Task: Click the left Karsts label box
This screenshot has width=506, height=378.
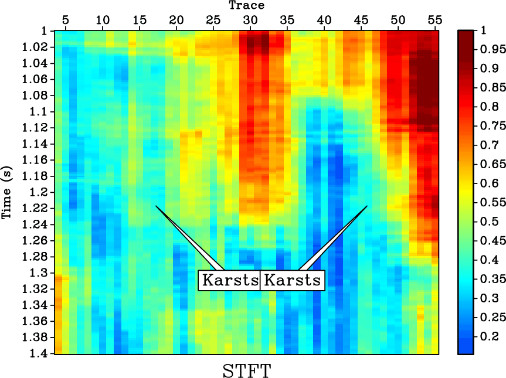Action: [229, 280]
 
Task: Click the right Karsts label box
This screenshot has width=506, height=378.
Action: [291, 280]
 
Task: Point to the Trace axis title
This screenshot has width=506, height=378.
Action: [246, 5]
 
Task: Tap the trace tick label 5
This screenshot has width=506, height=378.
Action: [65, 20]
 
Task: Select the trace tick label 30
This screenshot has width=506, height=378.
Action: [250, 20]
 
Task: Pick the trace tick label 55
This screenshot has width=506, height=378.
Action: [434, 20]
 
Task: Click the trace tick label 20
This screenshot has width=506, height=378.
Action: [176, 20]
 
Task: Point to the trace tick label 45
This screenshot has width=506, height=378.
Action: [361, 20]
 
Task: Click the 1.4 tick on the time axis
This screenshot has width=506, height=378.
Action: [43, 353]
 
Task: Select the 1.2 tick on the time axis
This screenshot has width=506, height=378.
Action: [43, 192]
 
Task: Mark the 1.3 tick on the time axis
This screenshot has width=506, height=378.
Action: [43, 273]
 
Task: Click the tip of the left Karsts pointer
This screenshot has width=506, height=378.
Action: [155, 206]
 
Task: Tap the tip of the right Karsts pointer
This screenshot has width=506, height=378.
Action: [367, 206]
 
